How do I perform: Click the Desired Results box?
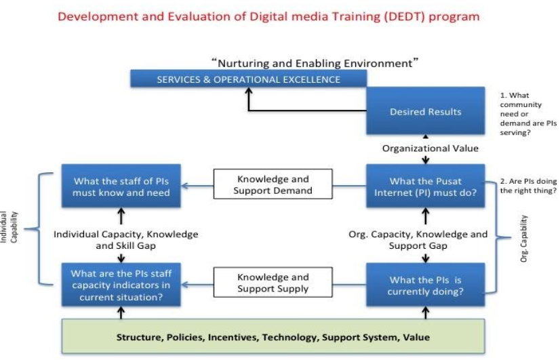coord(425,111)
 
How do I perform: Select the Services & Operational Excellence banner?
coord(249,79)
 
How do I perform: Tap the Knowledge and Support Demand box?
coord(273,184)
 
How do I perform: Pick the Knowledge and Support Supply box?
coord(273,282)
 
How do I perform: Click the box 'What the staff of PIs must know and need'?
coord(121,186)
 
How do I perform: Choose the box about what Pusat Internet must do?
coord(425,186)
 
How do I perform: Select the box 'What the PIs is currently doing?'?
coord(425,285)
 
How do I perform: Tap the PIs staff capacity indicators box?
coord(121,285)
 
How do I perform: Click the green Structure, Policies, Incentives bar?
coord(273,336)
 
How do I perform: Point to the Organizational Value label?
coord(430,148)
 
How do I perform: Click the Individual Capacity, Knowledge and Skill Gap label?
coord(125,239)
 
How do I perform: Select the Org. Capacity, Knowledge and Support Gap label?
coord(418,239)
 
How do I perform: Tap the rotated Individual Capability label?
coord(9,227)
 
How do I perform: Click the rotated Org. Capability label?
coord(523,238)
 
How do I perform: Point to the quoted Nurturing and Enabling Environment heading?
coord(315,63)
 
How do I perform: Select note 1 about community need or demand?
coord(528,114)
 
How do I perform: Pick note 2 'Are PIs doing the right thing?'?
coord(528,186)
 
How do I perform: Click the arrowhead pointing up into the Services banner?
coord(249,91)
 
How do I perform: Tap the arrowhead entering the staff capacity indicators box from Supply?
coord(184,285)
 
